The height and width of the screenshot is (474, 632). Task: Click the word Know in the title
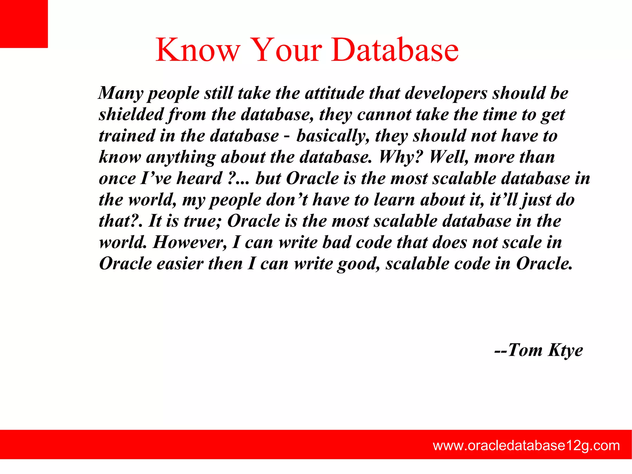tap(198, 50)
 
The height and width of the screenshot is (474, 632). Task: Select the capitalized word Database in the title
tap(395, 50)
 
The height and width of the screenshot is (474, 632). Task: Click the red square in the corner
tap(24, 24)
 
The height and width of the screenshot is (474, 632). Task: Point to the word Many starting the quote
tap(121, 93)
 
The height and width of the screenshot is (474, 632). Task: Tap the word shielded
tap(131, 115)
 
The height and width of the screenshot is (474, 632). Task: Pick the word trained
tap(127, 136)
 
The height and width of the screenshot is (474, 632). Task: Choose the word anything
tap(181, 157)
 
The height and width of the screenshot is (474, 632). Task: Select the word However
tap(190, 242)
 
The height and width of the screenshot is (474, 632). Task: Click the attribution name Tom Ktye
tap(545, 350)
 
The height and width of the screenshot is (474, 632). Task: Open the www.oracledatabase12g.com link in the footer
tap(526, 446)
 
